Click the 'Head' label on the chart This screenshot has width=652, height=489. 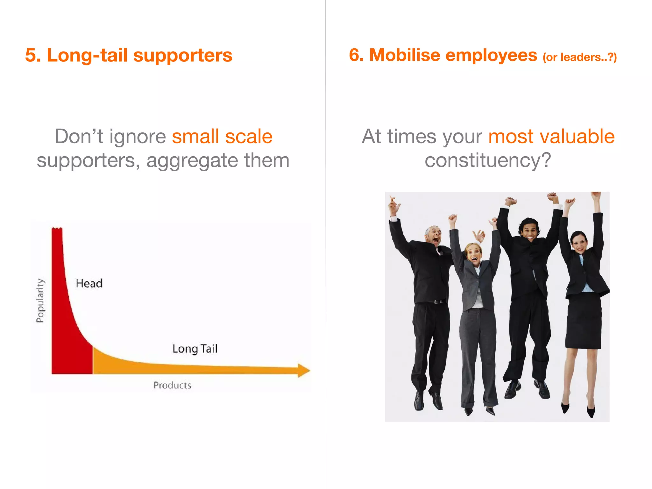(x=89, y=283)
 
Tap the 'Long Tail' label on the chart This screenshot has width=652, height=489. (x=195, y=349)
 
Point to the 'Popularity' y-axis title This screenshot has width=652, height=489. (x=40, y=301)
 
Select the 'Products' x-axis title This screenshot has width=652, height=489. (x=172, y=385)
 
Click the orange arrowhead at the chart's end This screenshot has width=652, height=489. (x=303, y=370)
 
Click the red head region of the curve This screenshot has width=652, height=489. (x=68, y=334)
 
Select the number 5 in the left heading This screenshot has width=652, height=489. (x=31, y=55)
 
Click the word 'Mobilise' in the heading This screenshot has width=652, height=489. (x=405, y=55)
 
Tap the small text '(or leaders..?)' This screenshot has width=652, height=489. (x=579, y=57)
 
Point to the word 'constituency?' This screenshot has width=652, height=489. (x=488, y=160)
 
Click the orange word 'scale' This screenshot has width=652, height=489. (x=249, y=137)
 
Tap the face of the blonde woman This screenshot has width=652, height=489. (x=473, y=254)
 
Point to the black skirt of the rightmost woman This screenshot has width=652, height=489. (x=583, y=322)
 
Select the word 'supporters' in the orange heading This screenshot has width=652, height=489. (x=183, y=55)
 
